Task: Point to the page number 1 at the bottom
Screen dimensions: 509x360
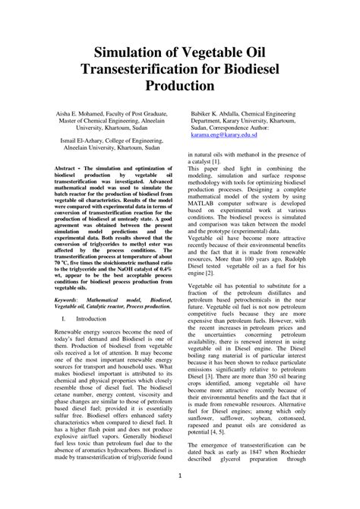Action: click(x=180, y=476)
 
